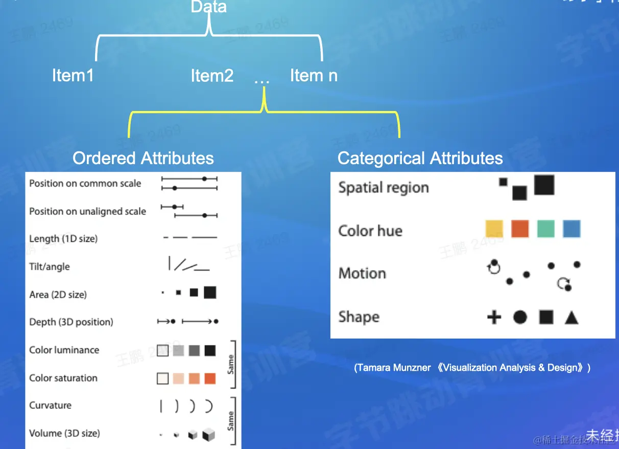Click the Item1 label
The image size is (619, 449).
click(x=73, y=76)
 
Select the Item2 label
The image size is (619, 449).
click(x=212, y=76)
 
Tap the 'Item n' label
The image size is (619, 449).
click(x=314, y=76)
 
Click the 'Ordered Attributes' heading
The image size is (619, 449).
click(x=143, y=158)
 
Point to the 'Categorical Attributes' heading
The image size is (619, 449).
click(x=420, y=159)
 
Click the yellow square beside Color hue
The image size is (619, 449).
click(x=494, y=229)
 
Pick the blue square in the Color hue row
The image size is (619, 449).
click(x=572, y=229)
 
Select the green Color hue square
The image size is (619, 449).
click(x=545, y=229)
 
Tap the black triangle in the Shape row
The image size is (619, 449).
click(x=572, y=318)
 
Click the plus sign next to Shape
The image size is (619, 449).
click(x=494, y=318)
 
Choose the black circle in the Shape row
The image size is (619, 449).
click(x=520, y=318)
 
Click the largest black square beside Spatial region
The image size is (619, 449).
click(x=544, y=185)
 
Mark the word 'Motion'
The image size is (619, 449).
click(x=362, y=273)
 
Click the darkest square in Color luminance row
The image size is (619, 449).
click(x=210, y=350)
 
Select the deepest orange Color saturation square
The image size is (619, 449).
click(x=210, y=378)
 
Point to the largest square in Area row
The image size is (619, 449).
click(x=210, y=292)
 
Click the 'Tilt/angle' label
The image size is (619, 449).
click(x=50, y=266)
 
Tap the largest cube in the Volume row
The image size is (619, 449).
click(x=208, y=435)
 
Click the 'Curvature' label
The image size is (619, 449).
click(x=50, y=406)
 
